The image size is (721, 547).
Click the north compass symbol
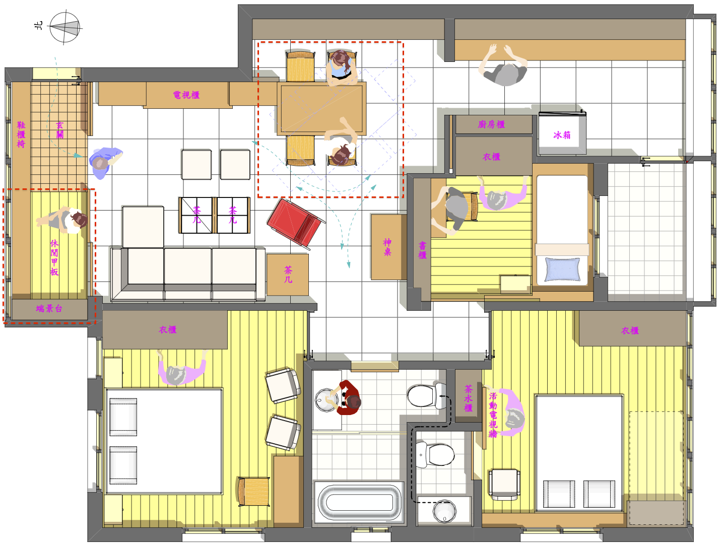coord(64,27)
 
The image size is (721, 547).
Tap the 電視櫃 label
coord(186,95)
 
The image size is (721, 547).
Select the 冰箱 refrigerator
coord(562,133)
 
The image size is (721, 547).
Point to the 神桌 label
coord(387,247)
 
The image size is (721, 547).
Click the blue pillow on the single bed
coord(562,269)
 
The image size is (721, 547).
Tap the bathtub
coord(359,502)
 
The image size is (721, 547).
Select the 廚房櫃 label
coord(491,124)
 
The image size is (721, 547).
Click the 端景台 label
coord(49,308)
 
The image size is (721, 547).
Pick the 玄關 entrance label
coord(59,130)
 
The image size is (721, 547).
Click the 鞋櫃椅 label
coord(21,134)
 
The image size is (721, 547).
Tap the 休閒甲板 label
coord(54,257)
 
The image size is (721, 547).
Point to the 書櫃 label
coord(422,250)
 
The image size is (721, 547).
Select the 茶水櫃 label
coord(468,398)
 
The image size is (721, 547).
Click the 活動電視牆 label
coord(493,415)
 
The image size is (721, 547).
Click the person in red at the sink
coord(347,397)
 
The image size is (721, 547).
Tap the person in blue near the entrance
coord(105,162)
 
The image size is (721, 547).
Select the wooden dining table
coord(321,109)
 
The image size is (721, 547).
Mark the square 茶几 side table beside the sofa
coord(287,275)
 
